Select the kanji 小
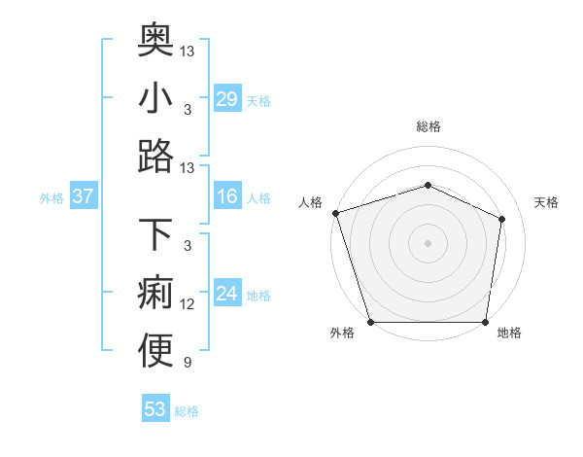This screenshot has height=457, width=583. pos(155,97)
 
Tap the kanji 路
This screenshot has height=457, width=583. pos(155,156)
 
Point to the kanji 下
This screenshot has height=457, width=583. pos(155,235)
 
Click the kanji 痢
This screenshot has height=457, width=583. pos(155,294)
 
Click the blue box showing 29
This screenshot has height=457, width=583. pos(227,99)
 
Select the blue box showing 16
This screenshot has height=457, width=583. pos(227,197)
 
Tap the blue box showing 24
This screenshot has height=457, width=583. pos(227,295)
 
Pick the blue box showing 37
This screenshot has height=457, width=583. pos(83,197)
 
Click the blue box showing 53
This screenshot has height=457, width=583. pos(155,409)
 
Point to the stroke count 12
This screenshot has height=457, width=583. pos(188,304)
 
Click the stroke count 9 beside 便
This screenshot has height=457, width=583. pos(188,363)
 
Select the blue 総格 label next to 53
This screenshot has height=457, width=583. pos(187,411)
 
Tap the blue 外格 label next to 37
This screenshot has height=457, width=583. pos(51,198)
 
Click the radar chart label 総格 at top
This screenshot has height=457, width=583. pos(428,126)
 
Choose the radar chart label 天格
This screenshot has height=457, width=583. pos(546,202)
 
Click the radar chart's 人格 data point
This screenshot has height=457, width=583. pos(335,213)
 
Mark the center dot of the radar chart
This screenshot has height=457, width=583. pos(428,242)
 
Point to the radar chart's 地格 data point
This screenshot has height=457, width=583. pos(485,322)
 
